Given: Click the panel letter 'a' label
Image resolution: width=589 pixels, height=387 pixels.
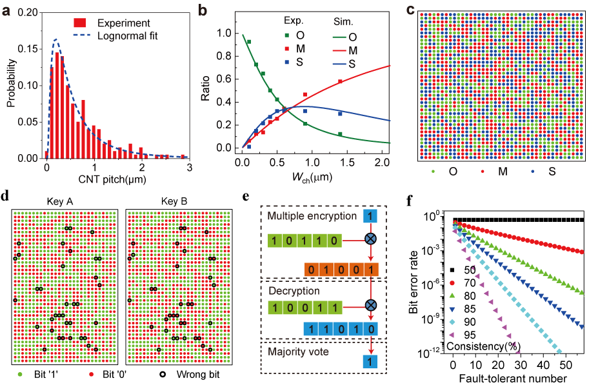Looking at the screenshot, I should pyautogui.click(x=8, y=10).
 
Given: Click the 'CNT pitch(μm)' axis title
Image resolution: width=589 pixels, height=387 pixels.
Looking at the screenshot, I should pyautogui.click(x=117, y=183).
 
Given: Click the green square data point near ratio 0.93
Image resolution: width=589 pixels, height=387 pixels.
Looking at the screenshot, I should pyautogui.click(x=248, y=41).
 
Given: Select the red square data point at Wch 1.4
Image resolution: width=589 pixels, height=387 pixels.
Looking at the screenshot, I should pyautogui.click(x=340, y=82).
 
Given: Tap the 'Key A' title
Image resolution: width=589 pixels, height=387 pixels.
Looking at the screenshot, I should pyautogui.click(x=63, y=202).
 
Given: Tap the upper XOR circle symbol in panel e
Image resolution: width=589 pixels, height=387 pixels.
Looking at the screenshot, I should pyautogui.click(x=370, y=239).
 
